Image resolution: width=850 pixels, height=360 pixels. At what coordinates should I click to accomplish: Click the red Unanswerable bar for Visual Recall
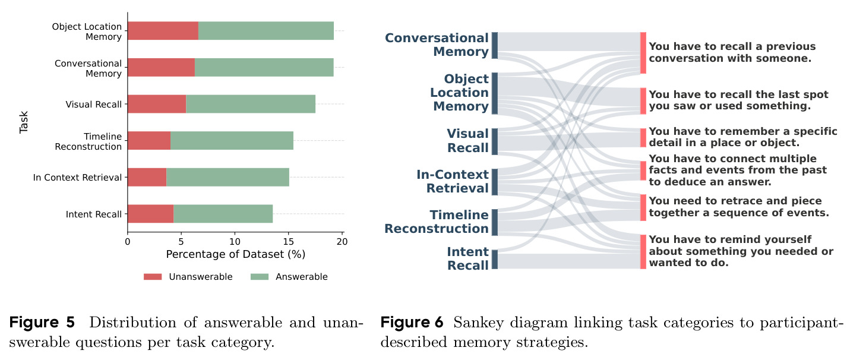pos(157,104)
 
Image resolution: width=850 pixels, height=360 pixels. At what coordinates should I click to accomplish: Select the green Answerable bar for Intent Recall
pos(223,214)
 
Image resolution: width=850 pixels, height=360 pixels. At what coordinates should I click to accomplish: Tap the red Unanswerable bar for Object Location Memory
pos(163,31)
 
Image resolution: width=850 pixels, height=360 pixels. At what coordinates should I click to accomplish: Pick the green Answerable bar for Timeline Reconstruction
pos(232,140)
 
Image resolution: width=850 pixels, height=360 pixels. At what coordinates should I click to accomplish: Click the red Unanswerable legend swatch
pos(153,277)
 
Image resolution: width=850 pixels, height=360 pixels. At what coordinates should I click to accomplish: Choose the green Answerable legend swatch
pos(260,277)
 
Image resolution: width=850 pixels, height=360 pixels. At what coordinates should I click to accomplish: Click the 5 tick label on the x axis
pos(181,242)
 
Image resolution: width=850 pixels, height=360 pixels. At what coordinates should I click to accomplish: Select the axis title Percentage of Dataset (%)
pos(236,254)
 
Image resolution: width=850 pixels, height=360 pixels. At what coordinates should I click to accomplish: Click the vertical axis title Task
pos(24,122)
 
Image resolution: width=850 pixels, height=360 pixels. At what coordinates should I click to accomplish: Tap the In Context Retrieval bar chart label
pos(77,178)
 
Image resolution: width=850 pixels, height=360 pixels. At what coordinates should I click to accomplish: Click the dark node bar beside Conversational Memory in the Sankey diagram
pos(495,46)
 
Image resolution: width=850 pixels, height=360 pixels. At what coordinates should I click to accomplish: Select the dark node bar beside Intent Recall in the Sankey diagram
pos(495,260)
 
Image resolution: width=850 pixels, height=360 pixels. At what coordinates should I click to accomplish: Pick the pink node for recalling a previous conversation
pos(643,53)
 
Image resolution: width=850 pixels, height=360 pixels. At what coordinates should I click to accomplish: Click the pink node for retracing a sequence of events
pos(643,207)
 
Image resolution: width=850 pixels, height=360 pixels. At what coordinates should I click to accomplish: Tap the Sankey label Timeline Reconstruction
pos(437,222)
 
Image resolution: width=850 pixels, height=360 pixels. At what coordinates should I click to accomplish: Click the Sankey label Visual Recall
pos(468,141)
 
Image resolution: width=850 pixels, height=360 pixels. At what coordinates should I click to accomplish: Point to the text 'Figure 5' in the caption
pos(42,323)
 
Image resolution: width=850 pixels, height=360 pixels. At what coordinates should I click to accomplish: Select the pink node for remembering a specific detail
pos(643,138)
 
